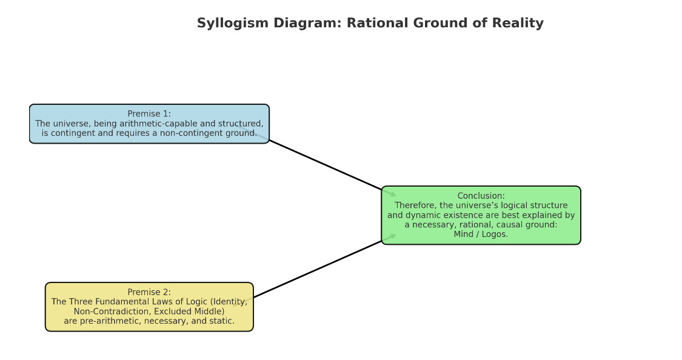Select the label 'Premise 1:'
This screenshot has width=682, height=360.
pyautogui.click(x=149, y=113)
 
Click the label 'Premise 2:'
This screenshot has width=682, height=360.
pyautogui.click(x=149, y=292)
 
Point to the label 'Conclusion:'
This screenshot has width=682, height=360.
pyautogui.click(x=481, y=196)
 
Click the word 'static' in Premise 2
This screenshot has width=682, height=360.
pyautogui.click(x=221, y=321)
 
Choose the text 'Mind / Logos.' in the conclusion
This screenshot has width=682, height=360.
pyautogui.click(x=481, y=235)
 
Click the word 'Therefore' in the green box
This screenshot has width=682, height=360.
pyautogui.click(x=415, y=205)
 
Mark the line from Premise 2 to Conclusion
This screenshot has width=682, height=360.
pyautogui.click(x=318, y=269)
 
